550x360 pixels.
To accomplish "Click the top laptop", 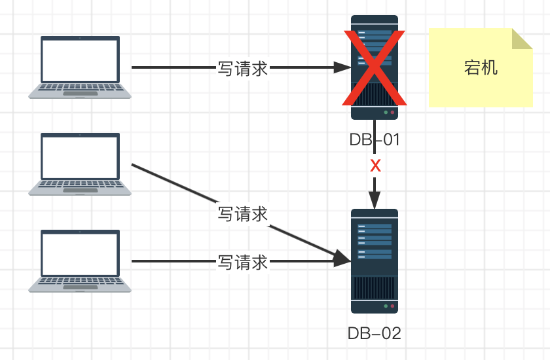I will click(x=80, y=67).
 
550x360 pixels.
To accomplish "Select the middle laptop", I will click(x=80, y=164).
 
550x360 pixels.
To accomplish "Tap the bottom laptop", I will click(x=80, y=261).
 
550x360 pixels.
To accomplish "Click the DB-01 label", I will click(x=374, y=140).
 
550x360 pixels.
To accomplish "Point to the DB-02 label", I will click(x=374, y=333).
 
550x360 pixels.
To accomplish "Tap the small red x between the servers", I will click(x=375, y=166).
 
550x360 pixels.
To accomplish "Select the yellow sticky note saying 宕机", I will click(x=480, y=67).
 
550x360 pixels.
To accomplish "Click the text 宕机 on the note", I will click(x=480, y=68).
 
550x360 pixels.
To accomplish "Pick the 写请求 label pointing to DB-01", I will click(x=243, y=68).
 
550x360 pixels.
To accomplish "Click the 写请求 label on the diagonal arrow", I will click(x=243, y=214).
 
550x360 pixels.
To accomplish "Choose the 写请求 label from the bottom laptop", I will click(x=243, y=262).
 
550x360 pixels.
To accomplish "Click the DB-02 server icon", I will click(x=374, y=261).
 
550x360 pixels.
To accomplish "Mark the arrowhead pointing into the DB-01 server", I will click(x=343, y=67).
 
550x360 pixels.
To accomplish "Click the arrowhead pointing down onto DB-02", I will click(x=375, y=200).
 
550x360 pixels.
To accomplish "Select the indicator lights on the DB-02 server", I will click(x=389, y=306).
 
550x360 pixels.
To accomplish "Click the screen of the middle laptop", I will click(x=80, y=156).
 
